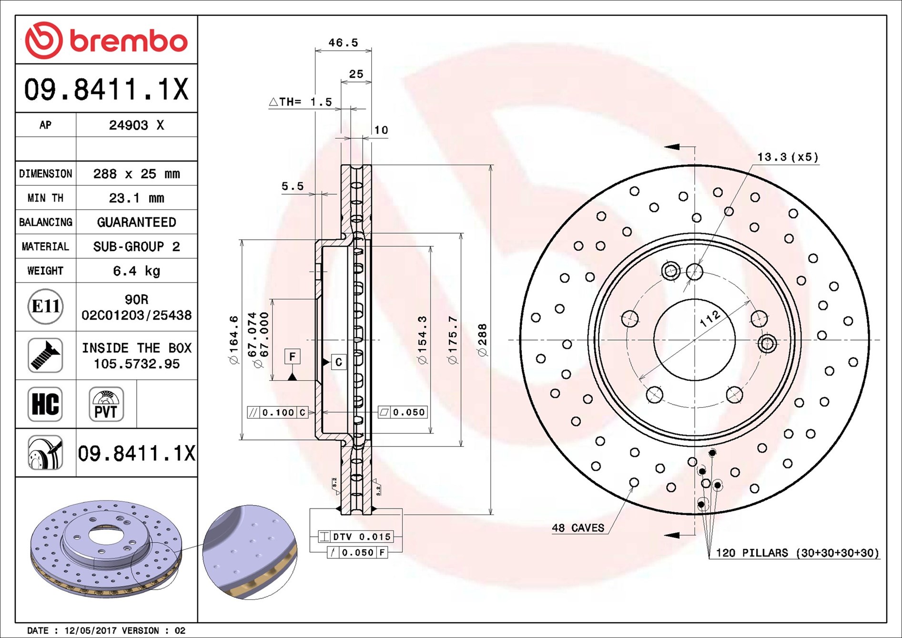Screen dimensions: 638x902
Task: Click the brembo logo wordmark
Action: [x=128, y=41]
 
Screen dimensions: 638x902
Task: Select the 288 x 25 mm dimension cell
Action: [x=136, y=174]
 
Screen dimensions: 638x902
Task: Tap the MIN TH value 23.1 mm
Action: [x=136, y=198]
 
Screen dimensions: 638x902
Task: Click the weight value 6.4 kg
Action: [x=136, y=271]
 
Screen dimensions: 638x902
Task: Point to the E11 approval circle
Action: [x=45, y=306]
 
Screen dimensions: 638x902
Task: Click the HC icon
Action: [x=45, y=404]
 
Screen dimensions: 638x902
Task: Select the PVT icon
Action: [x=106, y=404]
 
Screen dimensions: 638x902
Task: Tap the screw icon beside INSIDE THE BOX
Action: [x=45, y=355]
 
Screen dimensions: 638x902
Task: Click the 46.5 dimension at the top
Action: [x=343, y=43]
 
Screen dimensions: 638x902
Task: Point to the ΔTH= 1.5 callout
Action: [x=300, y=102]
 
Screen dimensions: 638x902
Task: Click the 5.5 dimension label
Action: [x=292, y=186]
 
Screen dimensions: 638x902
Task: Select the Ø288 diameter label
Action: [x=483, y=339]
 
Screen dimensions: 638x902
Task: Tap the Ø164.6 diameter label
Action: [x=233, y=339]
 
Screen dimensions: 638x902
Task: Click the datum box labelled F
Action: [x=292, y=356]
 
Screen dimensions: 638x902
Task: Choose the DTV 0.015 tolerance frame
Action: [x=356, y=537]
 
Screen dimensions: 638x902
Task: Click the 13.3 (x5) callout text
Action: [x=787, y=157]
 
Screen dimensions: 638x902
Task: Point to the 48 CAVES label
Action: [x=578, y=528]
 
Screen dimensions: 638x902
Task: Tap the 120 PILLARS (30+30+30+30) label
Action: [x=797, y=553]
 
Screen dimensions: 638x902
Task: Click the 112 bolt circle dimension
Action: [x=709, y=319]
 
